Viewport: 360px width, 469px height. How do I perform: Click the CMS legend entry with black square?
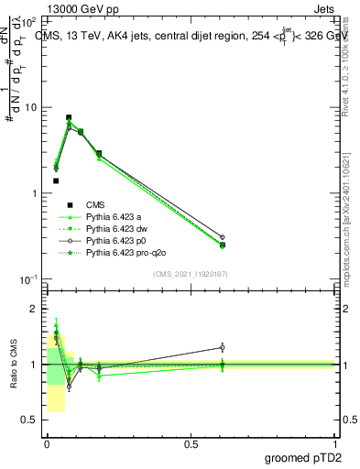click(95, 204)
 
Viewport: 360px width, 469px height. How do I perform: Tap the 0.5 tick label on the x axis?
click(191, 444)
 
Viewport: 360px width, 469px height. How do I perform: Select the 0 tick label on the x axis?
click(47, 444)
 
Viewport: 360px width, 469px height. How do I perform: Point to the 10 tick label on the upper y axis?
click(31, 107)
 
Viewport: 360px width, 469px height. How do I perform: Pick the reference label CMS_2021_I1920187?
click(191, 274)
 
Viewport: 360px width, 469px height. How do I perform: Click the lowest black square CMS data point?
click(56, 180)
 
